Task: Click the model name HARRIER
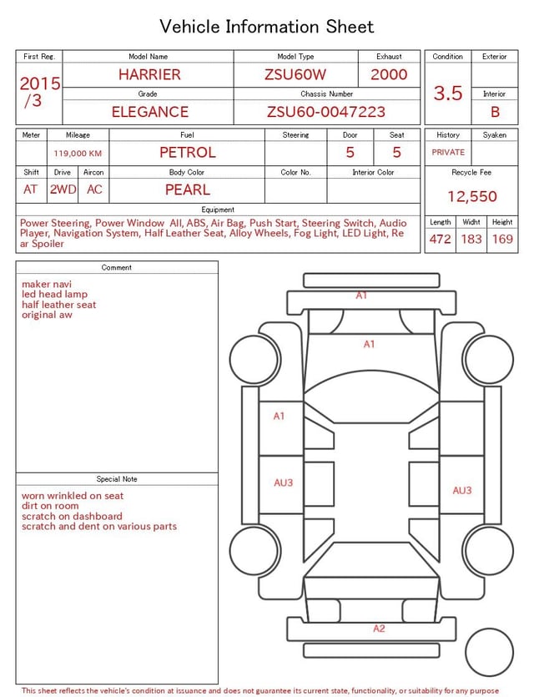(x=149, y=74)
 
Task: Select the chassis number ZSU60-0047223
(x=326, y=112)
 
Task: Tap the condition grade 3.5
(x=448, y=93)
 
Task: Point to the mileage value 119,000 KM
(x=78, y=154)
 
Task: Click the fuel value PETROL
(x=188, y=153)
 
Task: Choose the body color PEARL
(x=187, y=189)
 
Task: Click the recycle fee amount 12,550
(x=472, y=197)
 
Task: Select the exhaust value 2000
(x=389, y=74)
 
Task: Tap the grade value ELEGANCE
(x=150, y=112)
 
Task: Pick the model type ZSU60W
(x=295, y=74)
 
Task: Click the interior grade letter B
(x=495, y=112)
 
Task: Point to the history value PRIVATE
(x=448, y=153)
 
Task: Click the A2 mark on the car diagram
(x=379, y=629)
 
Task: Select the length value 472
(x=440, y=239)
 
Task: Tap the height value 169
(x=502, y=239)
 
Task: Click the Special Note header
(x=117, y=479)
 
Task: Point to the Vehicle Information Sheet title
(x=267, y=27)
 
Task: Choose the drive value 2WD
(x=63, y=189)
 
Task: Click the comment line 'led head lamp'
(x=54, y=295)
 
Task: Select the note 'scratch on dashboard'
(x=72, y=516)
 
